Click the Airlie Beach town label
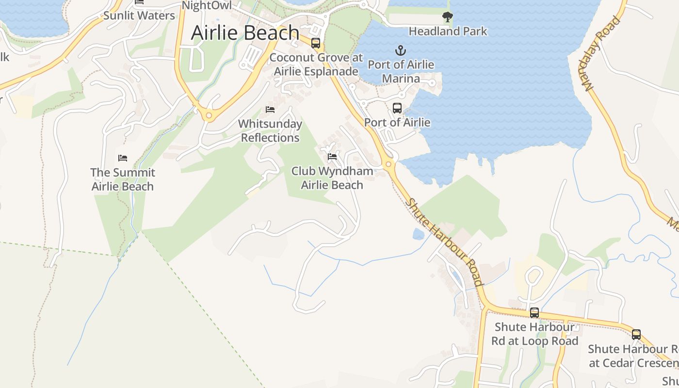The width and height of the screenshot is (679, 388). tap(245, 32)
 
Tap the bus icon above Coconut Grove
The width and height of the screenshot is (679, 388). tap(316, 43)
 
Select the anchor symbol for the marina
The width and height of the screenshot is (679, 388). tap(401, 50)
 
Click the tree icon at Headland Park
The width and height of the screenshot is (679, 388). tap(448, 17)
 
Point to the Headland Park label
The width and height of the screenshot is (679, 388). tap(448, 32)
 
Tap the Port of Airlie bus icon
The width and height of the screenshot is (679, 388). tap(397, 108)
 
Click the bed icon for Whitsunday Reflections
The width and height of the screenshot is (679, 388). tap(270, 110)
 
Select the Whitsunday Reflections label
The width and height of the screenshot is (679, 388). tap(270, 130)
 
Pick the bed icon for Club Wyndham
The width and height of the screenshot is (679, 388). tap(332, 157)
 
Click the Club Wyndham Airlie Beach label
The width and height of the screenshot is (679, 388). tap(332, 178)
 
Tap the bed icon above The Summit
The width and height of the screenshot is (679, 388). tap(123, 158)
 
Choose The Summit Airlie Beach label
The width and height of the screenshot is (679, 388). tap(123, 179)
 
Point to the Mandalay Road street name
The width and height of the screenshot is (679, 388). tap(602, 53)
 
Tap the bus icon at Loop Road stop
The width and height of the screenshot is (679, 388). tap(534, 313)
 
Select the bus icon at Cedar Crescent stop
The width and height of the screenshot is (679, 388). tap(636, 335)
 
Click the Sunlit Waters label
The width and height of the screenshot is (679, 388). tap(139, 16)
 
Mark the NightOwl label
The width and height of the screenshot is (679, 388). tap(207, 5)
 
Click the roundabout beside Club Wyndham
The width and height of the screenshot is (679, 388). tap(388, 164)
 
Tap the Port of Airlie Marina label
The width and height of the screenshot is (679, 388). tap(401, 71)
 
